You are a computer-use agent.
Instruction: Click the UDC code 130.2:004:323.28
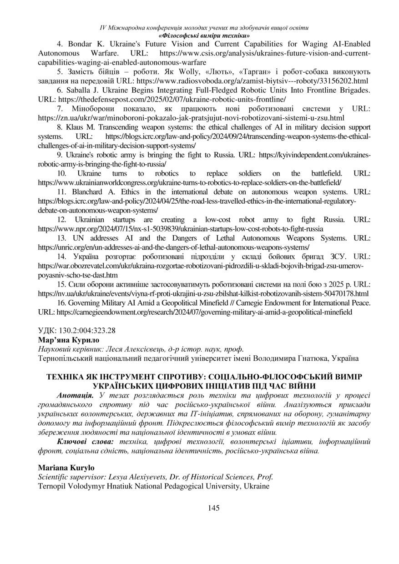pyautogui.click(x=77, y=331)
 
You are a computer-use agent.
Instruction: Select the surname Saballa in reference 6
pyautogui.click(x=80, y=90)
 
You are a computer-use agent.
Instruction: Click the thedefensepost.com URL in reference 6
pyautogui.click(x=172, y=99)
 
